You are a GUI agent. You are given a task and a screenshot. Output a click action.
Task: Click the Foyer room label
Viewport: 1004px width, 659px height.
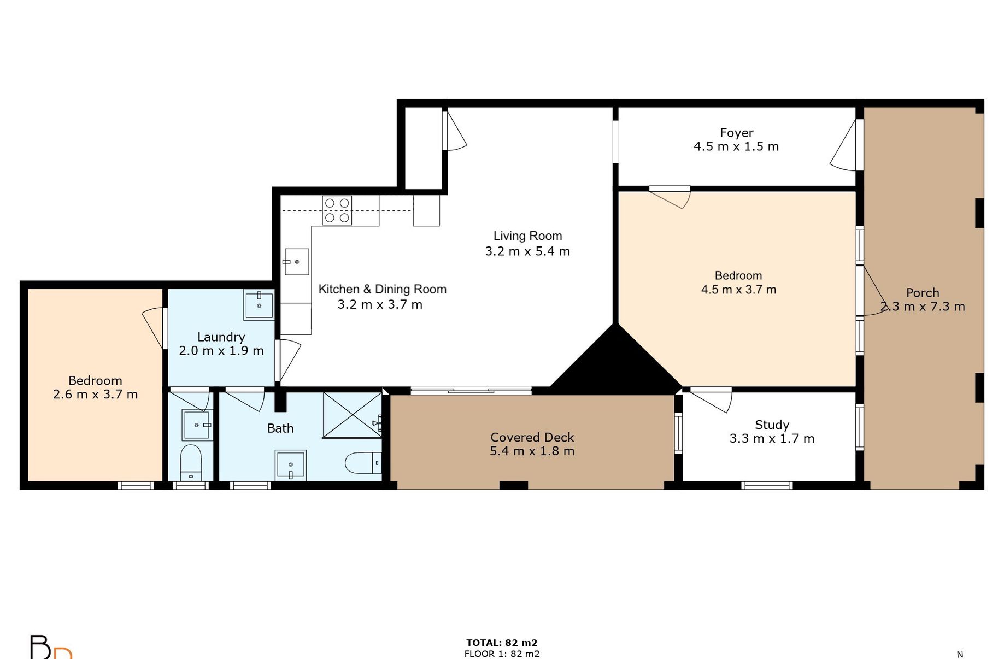click(736, 133)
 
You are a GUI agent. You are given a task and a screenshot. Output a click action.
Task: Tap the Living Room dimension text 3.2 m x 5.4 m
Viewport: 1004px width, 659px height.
click(527, 251)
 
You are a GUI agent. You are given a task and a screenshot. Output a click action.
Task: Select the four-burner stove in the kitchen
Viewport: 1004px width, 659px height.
click(337, 210)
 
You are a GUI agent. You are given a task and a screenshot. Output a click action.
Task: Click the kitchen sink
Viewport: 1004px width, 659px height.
click(296, 262)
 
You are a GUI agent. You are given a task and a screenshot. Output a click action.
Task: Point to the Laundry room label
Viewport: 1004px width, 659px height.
click(221, 337)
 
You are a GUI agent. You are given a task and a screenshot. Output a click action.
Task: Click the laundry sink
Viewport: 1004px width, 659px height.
click(259, 305)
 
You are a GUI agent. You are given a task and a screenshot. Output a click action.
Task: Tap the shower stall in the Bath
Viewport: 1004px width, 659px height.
click(353, 415)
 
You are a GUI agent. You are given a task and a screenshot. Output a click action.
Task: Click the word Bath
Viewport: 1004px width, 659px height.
click(280, 428)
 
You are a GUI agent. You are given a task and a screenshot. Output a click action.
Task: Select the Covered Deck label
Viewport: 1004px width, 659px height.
click(532, 437)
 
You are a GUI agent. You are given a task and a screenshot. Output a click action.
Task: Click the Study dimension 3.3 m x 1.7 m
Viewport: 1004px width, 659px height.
click(772, 438)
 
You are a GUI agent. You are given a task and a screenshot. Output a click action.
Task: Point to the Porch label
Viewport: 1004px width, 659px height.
click(923, 293)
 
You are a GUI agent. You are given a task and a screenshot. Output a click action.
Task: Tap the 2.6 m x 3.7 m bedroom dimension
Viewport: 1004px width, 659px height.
click(95, 394)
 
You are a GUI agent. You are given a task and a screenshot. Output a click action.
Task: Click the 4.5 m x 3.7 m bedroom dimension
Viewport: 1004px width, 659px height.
click(738, 290)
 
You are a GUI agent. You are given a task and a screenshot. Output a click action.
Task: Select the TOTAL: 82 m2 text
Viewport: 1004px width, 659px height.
click(502, 643)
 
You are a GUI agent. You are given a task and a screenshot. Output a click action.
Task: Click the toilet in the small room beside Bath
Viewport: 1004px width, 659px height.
click(191, 462)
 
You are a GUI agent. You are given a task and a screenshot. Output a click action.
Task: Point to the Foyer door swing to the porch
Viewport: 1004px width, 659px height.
click(844, 145)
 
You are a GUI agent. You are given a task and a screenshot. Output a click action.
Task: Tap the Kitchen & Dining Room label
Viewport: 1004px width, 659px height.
click(383, 289)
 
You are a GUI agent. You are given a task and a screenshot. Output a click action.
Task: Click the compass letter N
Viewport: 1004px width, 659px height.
click(960, 654)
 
